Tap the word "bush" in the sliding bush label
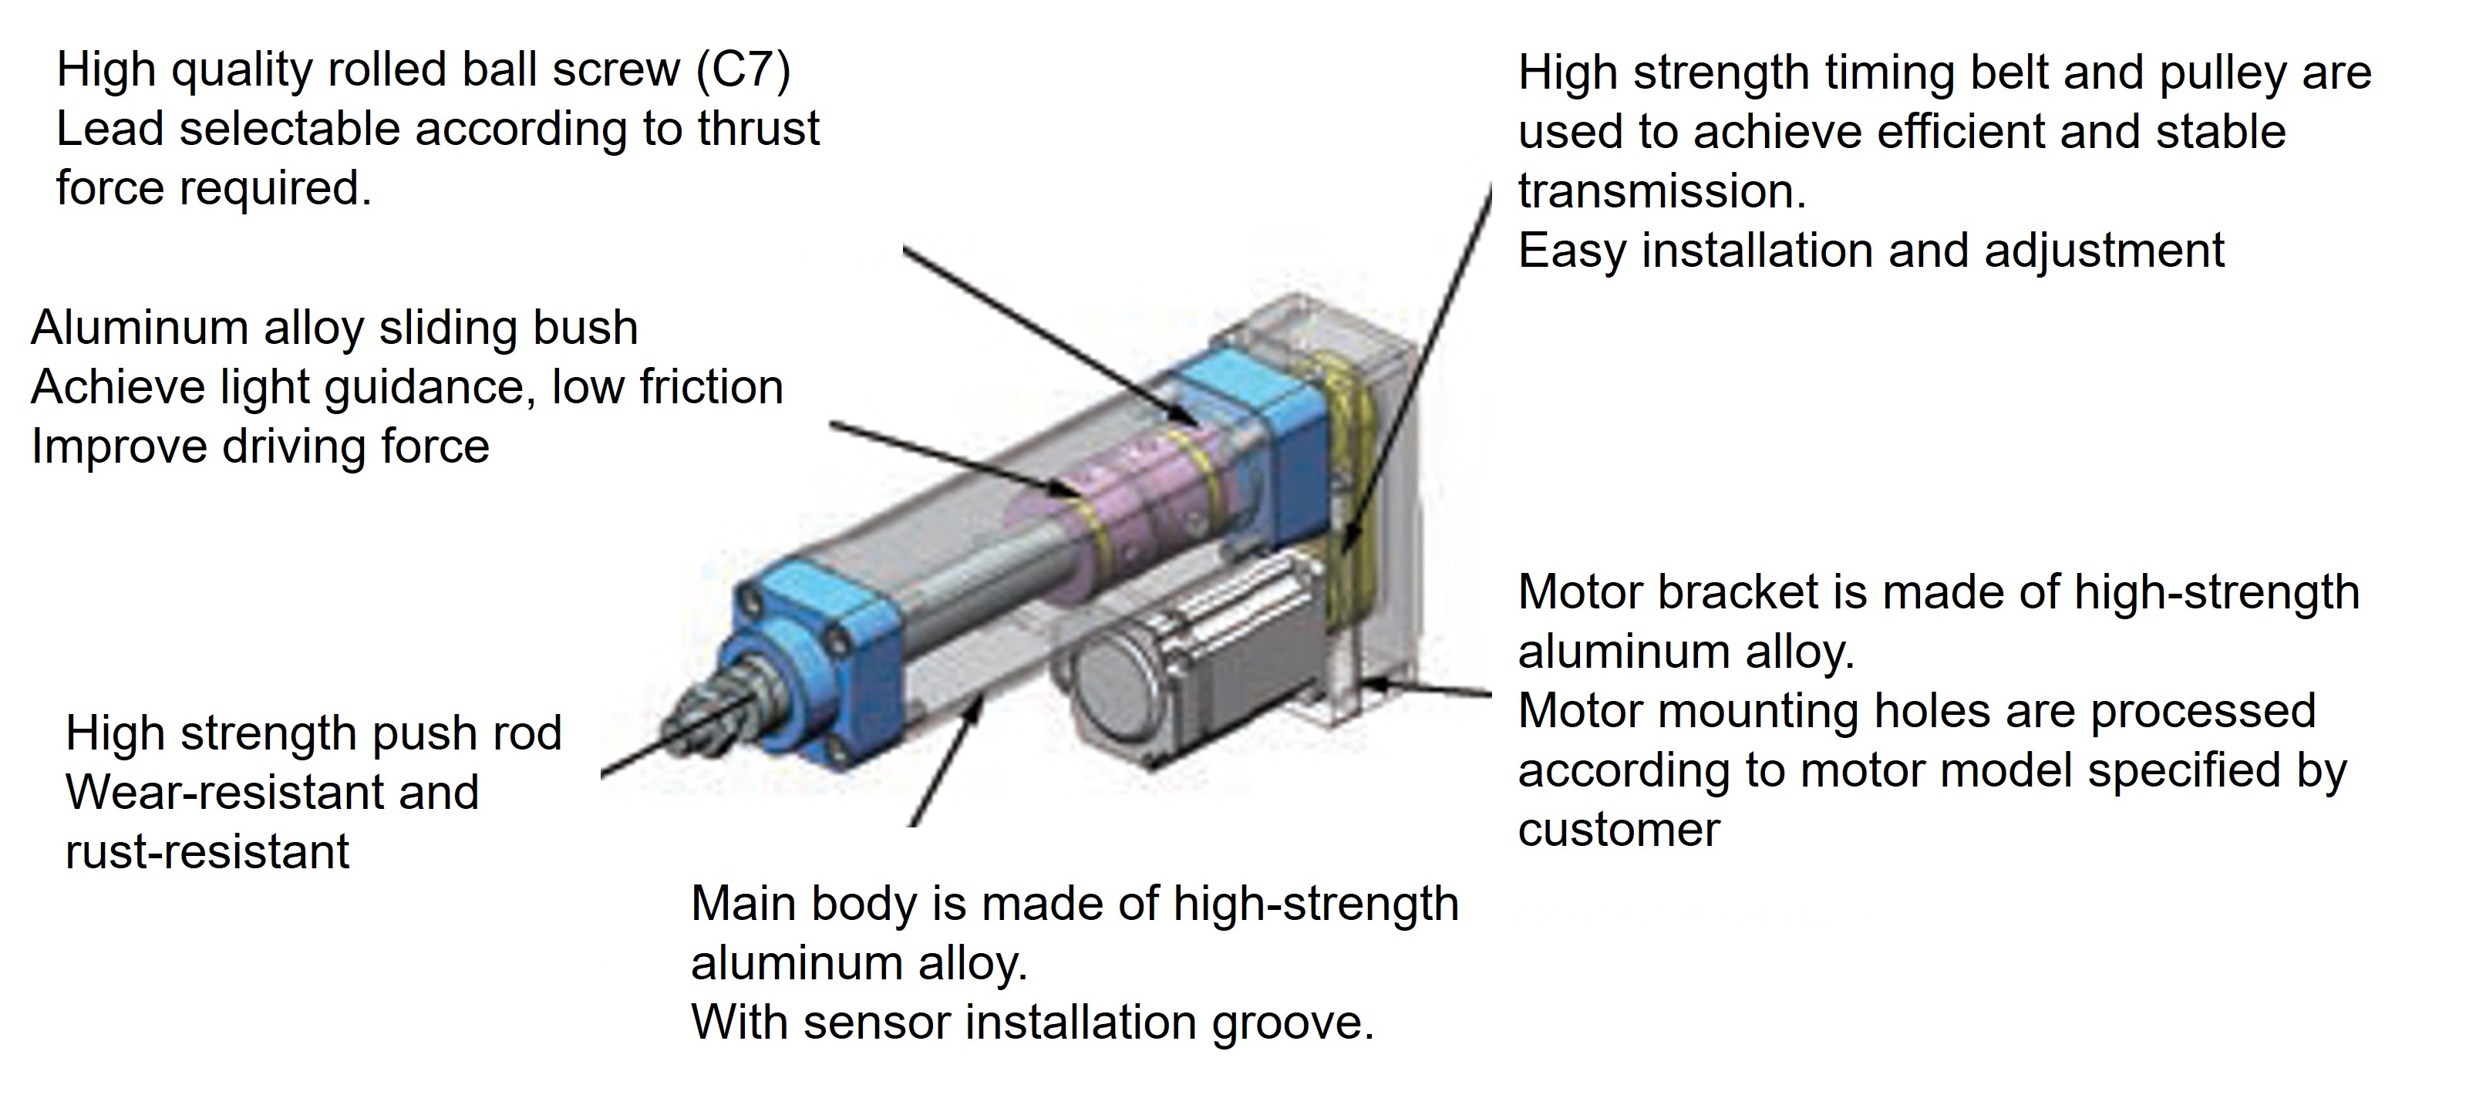tap(590, 328)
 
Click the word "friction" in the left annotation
tap(711, 387)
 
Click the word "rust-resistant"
tap(207, 853)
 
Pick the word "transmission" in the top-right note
tap(1662, 191)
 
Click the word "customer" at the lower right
tap(1619, 830)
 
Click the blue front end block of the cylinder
tap(827, 635)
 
